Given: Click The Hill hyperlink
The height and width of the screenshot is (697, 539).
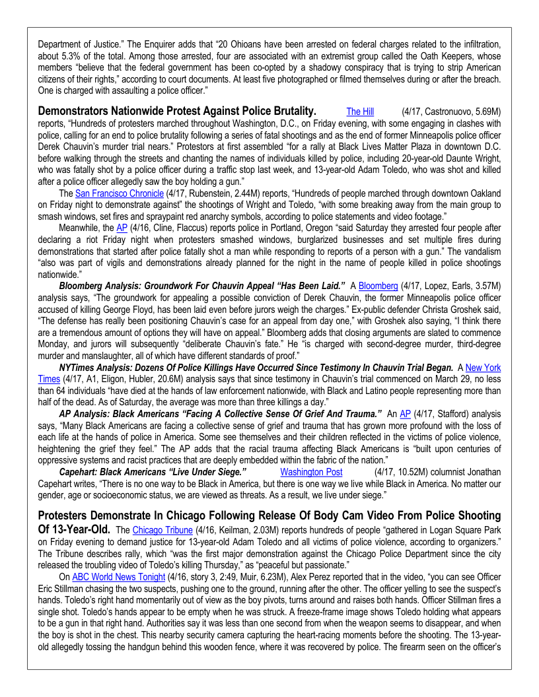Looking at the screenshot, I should point(360,112).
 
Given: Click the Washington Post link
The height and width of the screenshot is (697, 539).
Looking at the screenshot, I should point(311,472).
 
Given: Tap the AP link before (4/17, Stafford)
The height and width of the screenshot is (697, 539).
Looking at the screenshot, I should point(406,413).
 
